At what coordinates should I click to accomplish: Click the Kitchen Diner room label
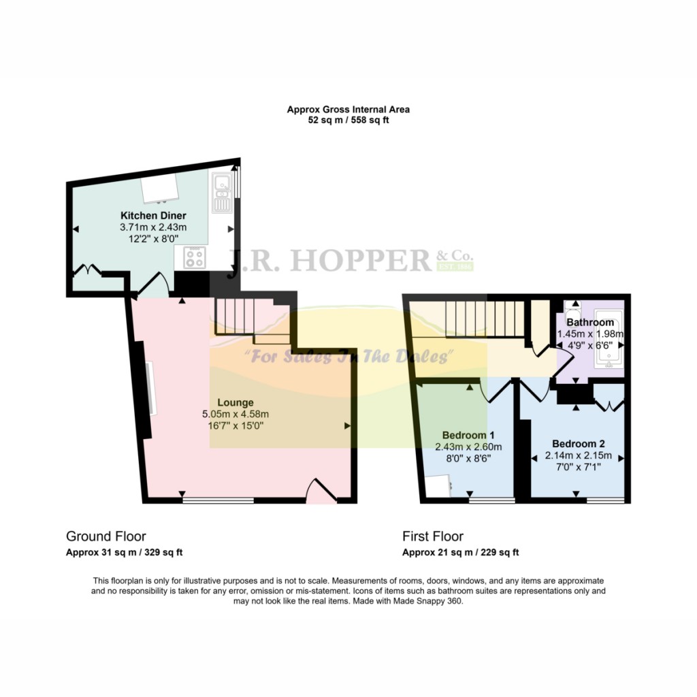pyautogui.click(x=153, y=216)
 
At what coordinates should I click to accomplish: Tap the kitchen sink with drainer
pyautogui.click(x=222, y=193)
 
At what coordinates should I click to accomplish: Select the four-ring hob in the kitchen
pyautogui.click(x=195, y=257)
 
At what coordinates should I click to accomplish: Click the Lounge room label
pyautogui.click(x=235, y=403)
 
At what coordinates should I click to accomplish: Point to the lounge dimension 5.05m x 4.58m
pyautogui.click(x=236, y=415)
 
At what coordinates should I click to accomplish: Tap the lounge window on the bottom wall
pyautogui.click(x=218, y=500)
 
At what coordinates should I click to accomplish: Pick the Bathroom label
pyautogui.click(x=590, y=322)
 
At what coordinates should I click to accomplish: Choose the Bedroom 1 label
pyautogui.click(x=468, y=435)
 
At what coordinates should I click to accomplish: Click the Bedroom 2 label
pyautogui.click(x=579, y=444)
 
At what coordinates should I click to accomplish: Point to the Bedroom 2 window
pyautogui.click(x=605, y=500)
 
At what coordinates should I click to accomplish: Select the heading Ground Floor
pyautogui.click(x=106, y=536)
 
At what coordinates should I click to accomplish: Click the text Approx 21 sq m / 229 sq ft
pyautogui.click(x=461, y=553)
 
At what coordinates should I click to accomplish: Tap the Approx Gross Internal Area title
pyautogui.click(x=348, y=110)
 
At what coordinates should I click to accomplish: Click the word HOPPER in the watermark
pyautogui.click(x=361, y=261)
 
